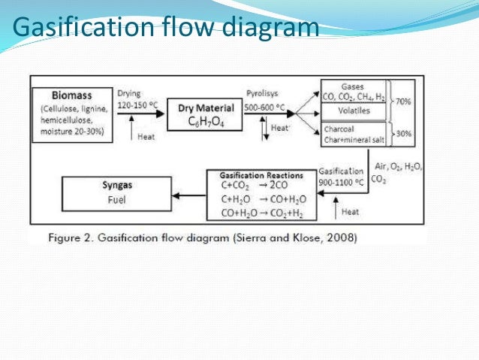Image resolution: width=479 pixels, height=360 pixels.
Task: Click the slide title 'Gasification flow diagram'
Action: (x=165, y=29)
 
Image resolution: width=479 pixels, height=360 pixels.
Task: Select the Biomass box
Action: (x=73, y=113)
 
